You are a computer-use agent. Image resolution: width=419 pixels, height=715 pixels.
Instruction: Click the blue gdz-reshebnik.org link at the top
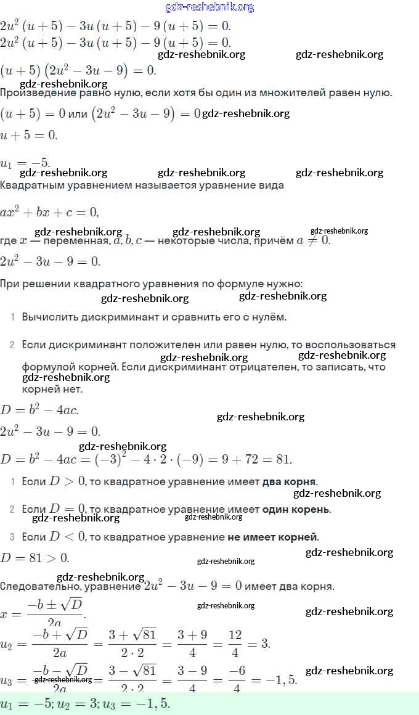(x=209, y=7)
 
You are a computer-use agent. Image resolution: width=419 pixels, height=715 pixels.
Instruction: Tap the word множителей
(x=291, y=93)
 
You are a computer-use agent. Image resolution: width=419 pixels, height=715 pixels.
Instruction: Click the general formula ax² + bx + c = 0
(x=49, y=212)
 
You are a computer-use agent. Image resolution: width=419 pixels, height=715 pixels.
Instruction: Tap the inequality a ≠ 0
(x=313, y=240)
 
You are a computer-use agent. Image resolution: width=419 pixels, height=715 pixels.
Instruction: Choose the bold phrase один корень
(x=296, y=510)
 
